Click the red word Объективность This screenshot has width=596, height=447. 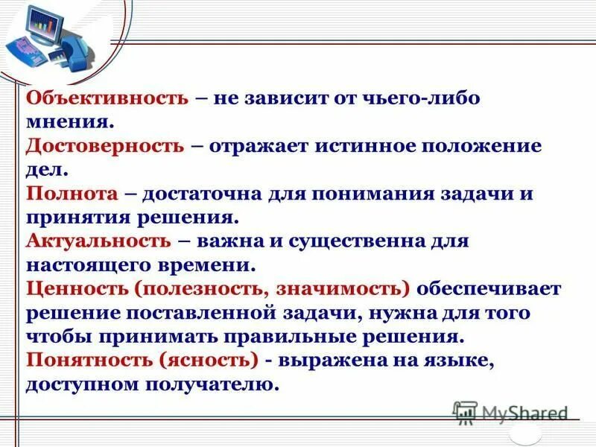point(108,98)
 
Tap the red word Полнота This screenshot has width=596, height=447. point(72,194)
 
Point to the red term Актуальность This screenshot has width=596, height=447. point(98,241)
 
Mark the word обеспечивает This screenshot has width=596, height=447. point(489,289)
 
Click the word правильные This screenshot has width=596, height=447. point(283,337)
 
